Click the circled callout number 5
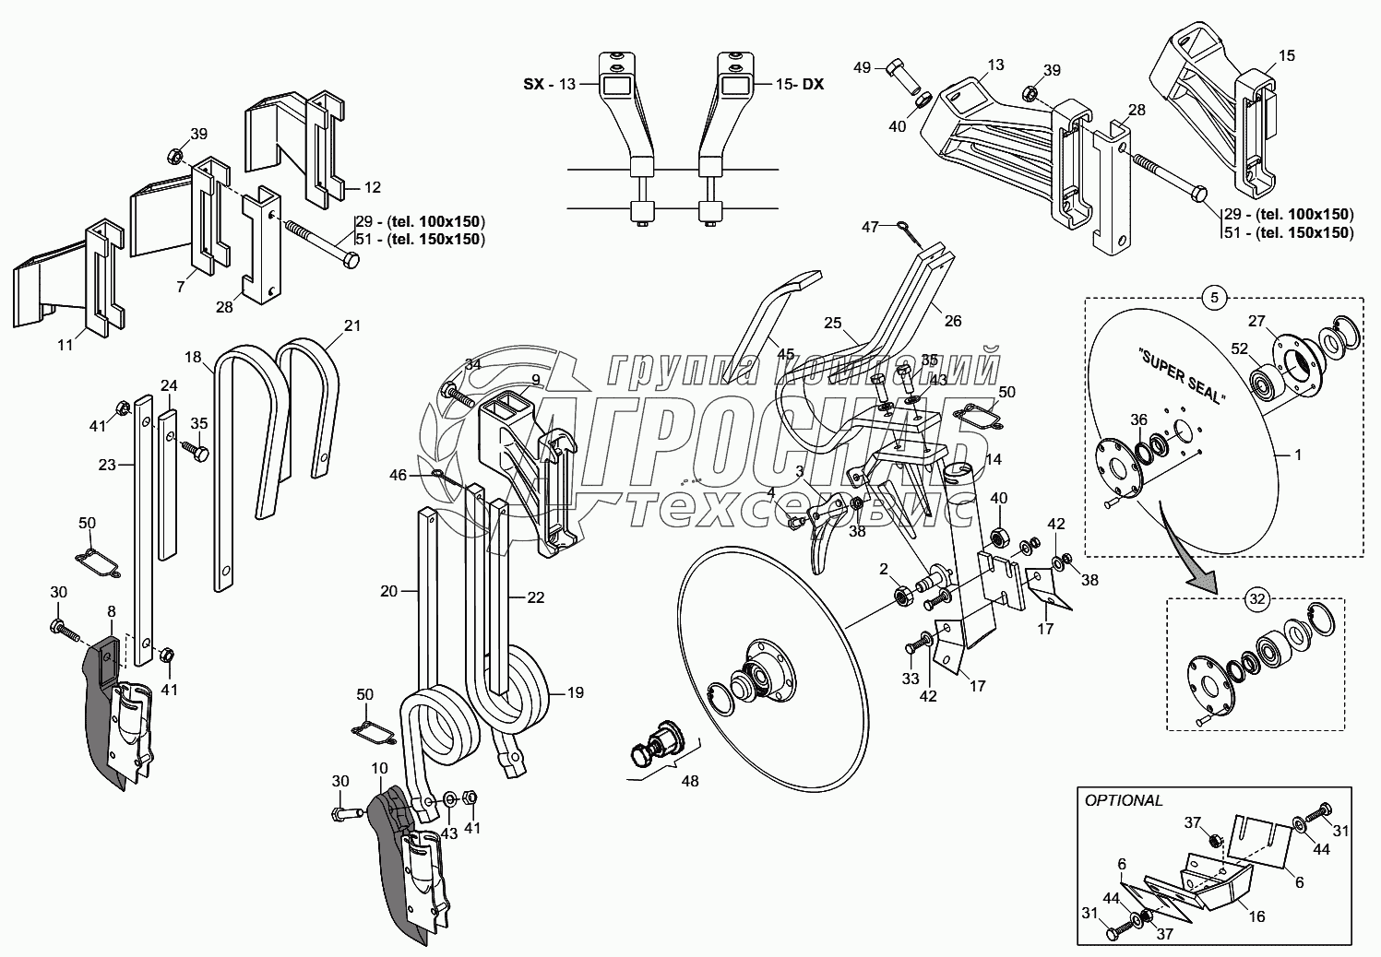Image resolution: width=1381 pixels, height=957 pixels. (x=1214, y=298)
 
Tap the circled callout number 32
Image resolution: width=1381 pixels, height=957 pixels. (x=1255, y=598)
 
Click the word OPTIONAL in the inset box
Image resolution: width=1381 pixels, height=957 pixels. (x=1124, y=800)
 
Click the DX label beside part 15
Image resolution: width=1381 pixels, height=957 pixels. (x=812, y=84)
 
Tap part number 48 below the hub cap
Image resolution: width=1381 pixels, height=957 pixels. (x=689, y=781)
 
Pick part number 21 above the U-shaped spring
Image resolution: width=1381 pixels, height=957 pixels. (x=352, y=325)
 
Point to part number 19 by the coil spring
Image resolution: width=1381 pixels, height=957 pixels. (x=574, y=691)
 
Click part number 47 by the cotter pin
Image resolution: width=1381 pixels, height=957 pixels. (x=870, y=226)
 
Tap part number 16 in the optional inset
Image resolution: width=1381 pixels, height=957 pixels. (x=1256, y=916)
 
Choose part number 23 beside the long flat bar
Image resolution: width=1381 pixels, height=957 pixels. (x=107, y=465)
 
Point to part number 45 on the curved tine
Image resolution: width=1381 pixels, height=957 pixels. (x=785, y=353)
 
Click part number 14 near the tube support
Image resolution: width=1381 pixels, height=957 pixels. (x=993, y=458)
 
